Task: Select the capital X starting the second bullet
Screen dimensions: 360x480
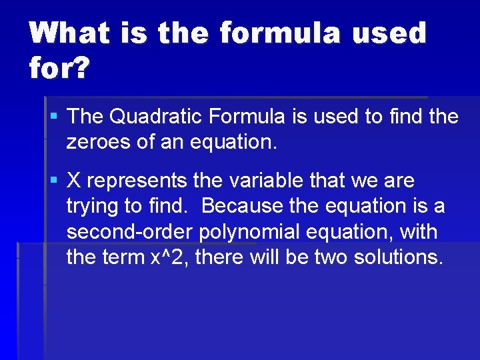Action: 74,181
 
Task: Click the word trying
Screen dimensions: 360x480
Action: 95,207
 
